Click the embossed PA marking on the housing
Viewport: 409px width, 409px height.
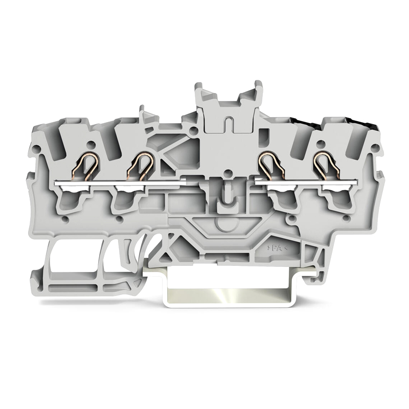(x=278, y=248)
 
